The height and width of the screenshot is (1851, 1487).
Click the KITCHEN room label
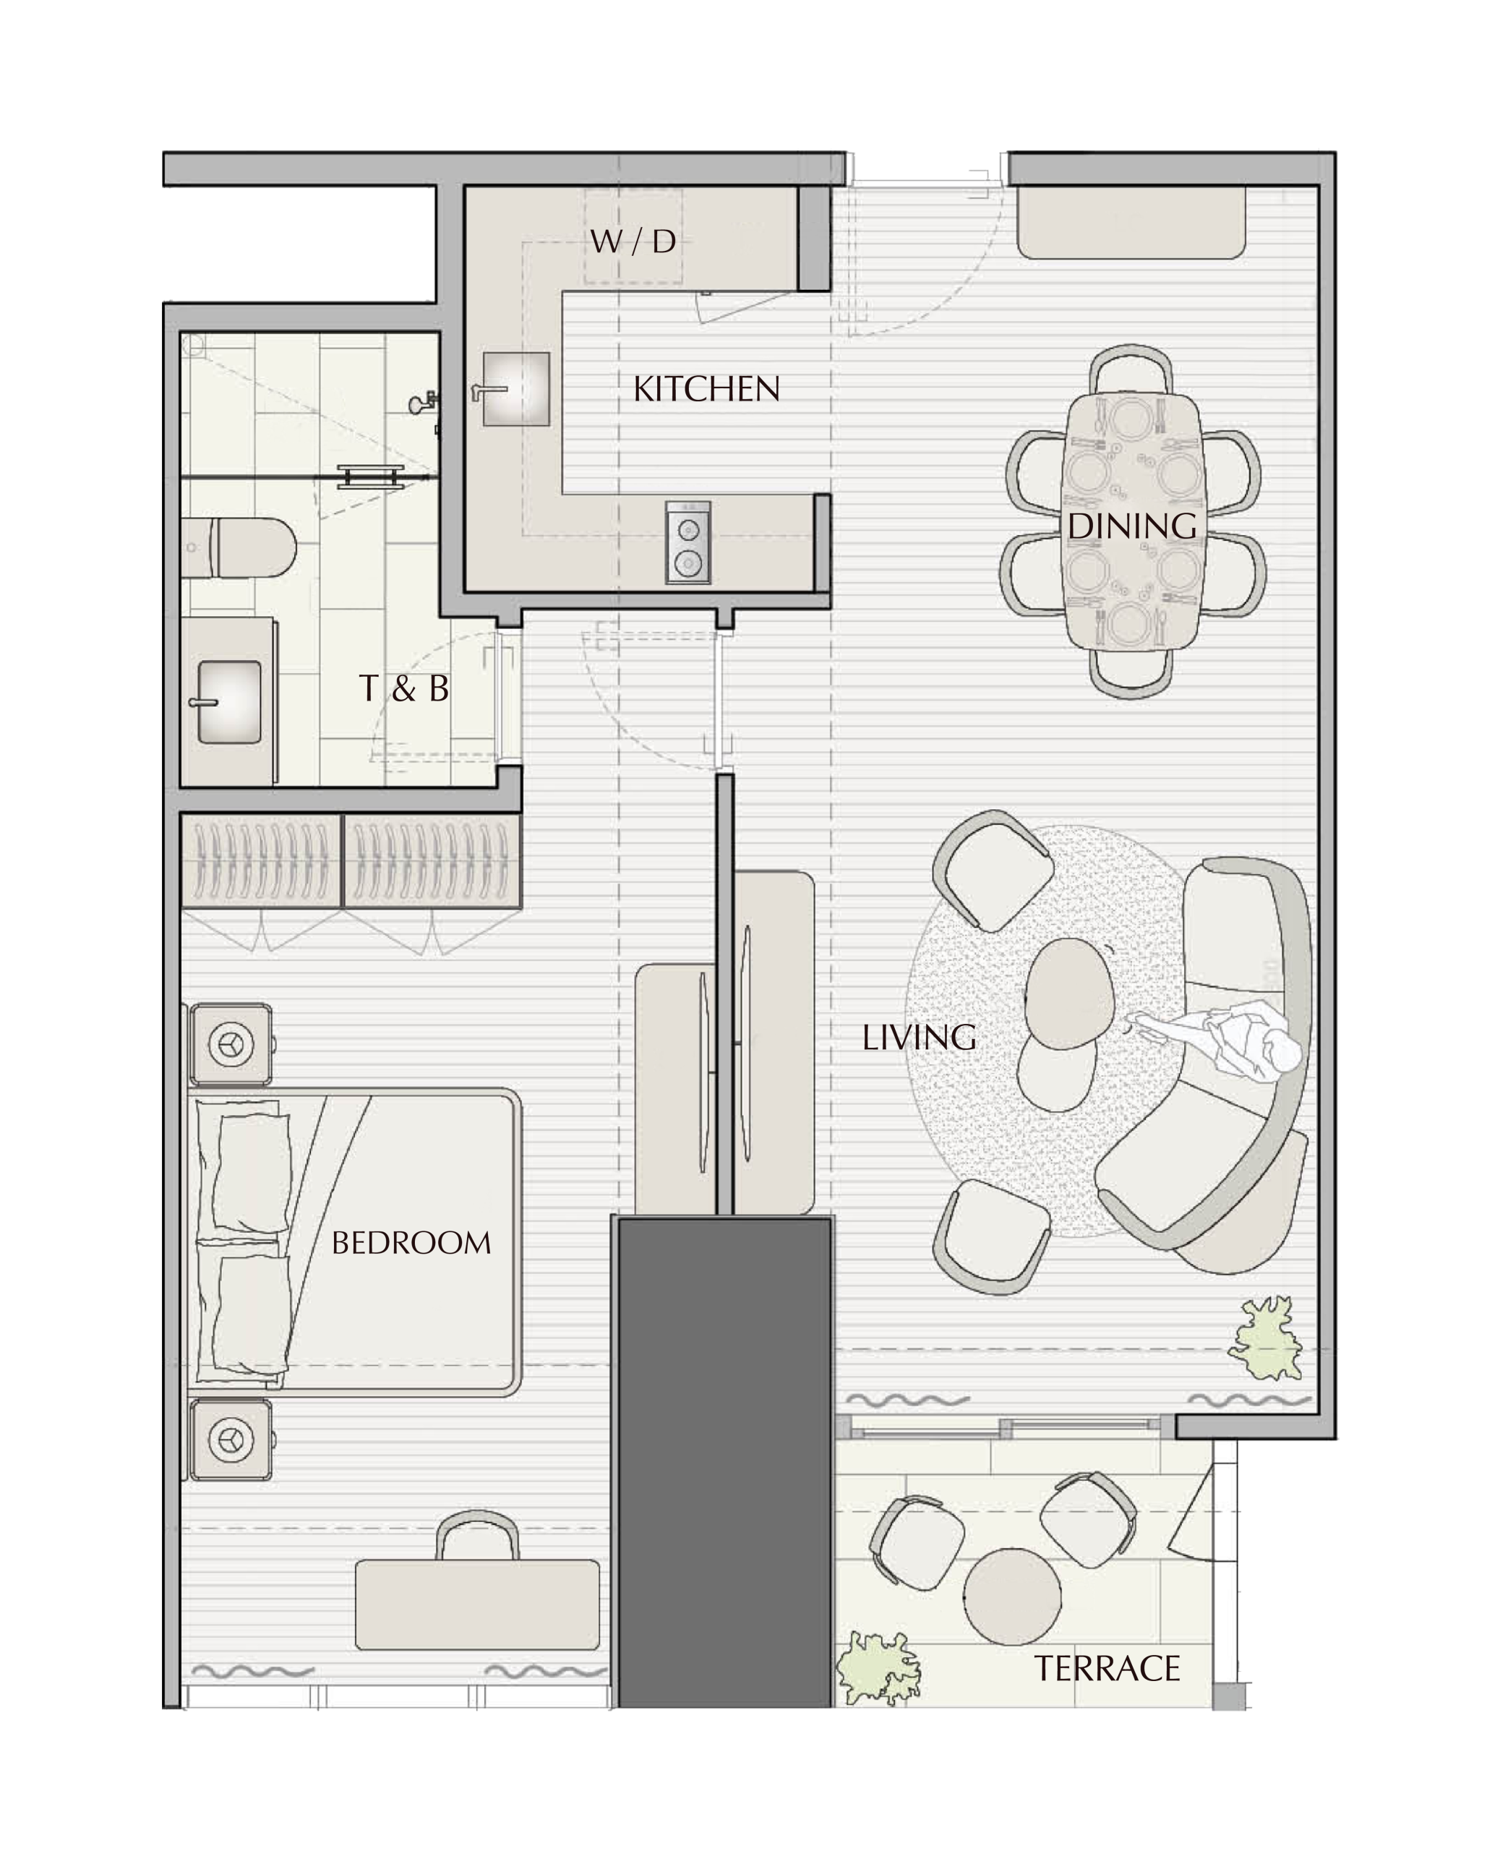coord(706,390)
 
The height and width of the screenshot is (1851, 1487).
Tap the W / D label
coord(633,242)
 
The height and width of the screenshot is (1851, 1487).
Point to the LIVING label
coord(919,1038)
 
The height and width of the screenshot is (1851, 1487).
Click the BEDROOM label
coord(411,1243)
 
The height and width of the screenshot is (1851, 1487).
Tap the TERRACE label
coord(1107,1670)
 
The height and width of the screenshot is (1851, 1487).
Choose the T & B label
coord(403,688)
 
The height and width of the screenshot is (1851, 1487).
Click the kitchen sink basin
coord(515,388)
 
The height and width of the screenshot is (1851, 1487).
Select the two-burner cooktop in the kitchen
coord(687,542)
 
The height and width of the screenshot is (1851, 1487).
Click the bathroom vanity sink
coord(229,701)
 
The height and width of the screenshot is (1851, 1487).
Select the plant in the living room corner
coord(1266,1339)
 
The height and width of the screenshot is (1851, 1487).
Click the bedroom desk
coord(477,1604)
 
